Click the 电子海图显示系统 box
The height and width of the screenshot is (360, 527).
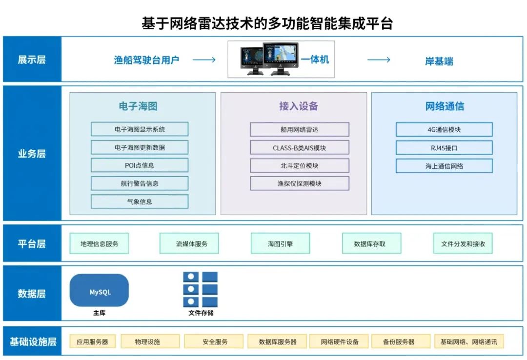pos(140,129)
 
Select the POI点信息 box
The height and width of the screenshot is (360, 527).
pos(140,165)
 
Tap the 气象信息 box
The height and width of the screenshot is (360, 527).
pos(140,201)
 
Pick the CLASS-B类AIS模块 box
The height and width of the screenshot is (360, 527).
pos(300,147)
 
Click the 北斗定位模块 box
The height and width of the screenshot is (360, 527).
pos(300,165)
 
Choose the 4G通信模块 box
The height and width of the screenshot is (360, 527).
pos(444,129)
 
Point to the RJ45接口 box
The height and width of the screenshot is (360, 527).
pos(444,147)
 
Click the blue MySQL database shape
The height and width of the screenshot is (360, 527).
pos(100,291)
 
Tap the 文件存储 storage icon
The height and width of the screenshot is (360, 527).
pos(200,290)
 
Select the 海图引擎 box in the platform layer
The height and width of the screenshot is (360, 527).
pos(281,243)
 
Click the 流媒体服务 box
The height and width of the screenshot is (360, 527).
pos(189,243)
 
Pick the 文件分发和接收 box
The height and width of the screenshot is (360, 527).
pos(463,243)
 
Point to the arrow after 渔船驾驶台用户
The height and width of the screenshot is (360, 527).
pos(204,60)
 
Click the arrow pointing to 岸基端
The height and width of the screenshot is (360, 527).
pos(379,60)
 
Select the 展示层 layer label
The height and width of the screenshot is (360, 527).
pos(32,60)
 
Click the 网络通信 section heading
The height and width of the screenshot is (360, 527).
pos(445,106)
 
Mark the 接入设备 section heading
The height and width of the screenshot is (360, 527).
pos(299,106)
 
